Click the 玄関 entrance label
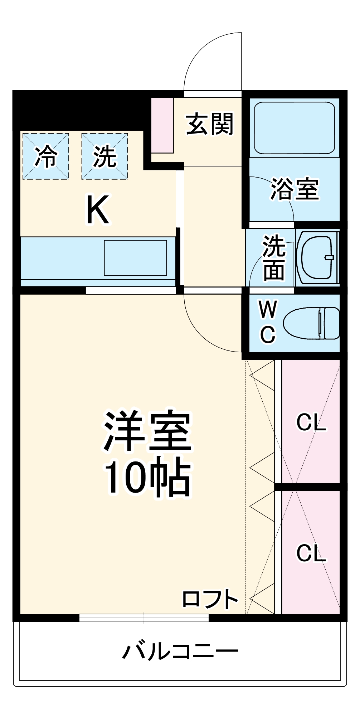pyautogui.click(x=210, y=124)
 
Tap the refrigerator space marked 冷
pyautogui.click(x=46, y=156)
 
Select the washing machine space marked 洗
pyautogui.click(x=104, y=156)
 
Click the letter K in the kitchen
pyautogui.click(x=97, y=210)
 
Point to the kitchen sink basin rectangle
pyautogui.click(x=135, y=258)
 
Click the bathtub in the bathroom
pyautogui.click(x=294, y=128)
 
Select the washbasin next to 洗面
pyautogui.click(x=317, y=257)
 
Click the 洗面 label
pyautogui.click(x=274, y=257)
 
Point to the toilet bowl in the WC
pyautogui.click(x=311, y=323)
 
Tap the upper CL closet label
pyautogui.click(x=311, y=422)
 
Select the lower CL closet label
pyautogui.click(x=311, y=553)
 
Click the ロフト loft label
pyautogui.click(x=210, y=599)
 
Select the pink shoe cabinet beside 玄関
pyautogui.click(x=162, y=126)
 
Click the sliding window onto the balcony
pyautogui.click(x=144, y=618)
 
